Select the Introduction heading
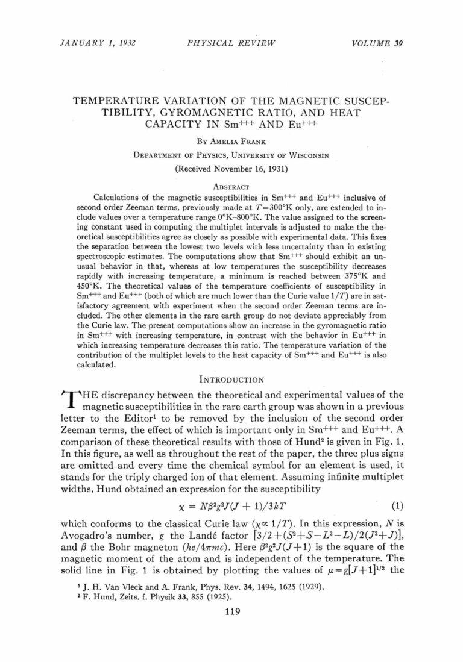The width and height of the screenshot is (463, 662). tap(231, 379)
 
